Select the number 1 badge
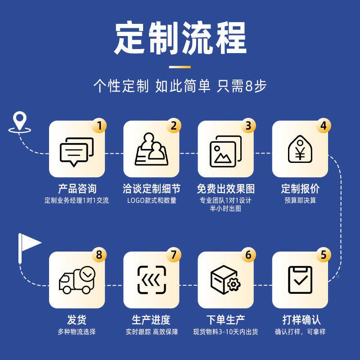point(99,126)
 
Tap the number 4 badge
point(323,126)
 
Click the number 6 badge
point(248,255)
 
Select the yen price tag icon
point(300,150)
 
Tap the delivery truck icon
point(76,280)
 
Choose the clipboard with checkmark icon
point(300,280)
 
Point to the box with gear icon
point(225,280)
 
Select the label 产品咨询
point(77,188)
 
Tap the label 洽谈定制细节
point(151,188)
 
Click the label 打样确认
point(301,320)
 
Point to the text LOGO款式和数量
point(151,200)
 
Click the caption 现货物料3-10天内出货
point(225,332)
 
